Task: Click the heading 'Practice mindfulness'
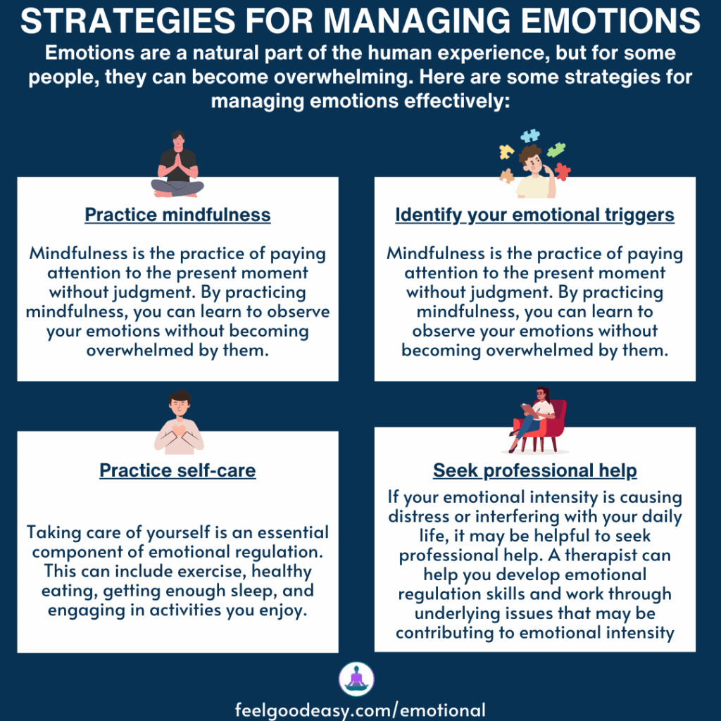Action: click(177, 215)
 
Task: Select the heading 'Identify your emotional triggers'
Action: click(534, 215)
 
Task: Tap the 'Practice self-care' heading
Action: click(177, 470)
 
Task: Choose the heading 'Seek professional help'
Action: click(534, 470)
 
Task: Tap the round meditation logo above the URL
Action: click(356, 679)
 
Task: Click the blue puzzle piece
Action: click(530, 136)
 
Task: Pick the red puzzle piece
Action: click(562, 171)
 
